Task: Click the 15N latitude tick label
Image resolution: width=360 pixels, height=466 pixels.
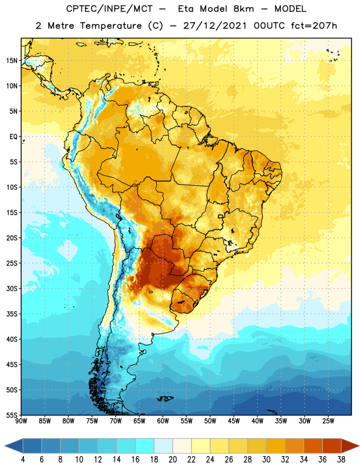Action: click(x=12, y=61)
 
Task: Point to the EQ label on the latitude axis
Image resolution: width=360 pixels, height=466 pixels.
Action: click(x=13, y=137)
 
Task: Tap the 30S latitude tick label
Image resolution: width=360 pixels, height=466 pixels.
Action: click(x=12, y=288)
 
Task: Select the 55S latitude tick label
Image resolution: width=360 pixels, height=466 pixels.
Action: click(x=12, y=415)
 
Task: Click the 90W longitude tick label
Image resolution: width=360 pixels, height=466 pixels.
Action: click(x=21, y=421)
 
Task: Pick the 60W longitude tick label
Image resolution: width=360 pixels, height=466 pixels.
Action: click(x=163, y=421)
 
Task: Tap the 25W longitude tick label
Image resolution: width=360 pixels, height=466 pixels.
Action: click(x=328, y=421)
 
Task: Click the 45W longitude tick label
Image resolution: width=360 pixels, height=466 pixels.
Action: click(x=234, y=421)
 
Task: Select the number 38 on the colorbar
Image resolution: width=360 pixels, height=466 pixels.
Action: click(x=341, y=460)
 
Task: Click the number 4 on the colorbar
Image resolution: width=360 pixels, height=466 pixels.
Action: click(x=23, y=460)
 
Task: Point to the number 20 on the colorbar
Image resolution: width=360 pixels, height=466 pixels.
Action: click(x=172, y=460)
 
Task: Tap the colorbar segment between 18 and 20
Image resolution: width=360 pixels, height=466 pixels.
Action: click(x=164, y=446)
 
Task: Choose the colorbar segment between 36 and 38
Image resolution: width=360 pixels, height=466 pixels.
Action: click(x=332, y=446)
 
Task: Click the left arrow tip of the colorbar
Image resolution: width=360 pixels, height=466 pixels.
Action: click(x=5, y=446)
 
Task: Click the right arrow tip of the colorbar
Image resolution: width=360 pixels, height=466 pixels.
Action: click(x=359, y=446)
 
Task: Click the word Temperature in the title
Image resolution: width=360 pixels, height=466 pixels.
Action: click(x=111, y=26)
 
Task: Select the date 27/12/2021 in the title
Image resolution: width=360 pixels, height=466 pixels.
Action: click(x=214, y=26)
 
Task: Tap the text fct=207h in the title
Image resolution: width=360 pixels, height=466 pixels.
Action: click(x=314, y=26)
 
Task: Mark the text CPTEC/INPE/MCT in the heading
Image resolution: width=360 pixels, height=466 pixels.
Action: click(x=110, y=9)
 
